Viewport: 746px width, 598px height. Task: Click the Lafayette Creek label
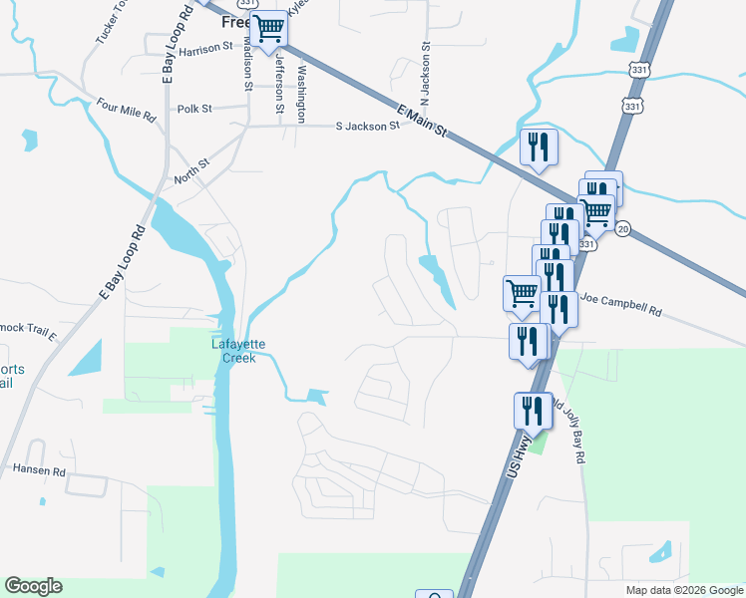pyautogui.click(x=238, y=351)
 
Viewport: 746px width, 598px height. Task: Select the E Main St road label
pyautogui.click(x=423, y=121)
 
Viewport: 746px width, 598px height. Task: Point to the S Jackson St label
pyautogui.click(x=367, y=127)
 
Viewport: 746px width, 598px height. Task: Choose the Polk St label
pyautogui.click(x=194, y=108)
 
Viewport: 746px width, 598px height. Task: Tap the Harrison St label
pyautogui.click(x=206, y=46)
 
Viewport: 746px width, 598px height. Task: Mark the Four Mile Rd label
pyautogui.click(x=127, y=110)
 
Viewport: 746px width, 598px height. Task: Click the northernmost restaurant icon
pyautogui.click(x=539, y=147)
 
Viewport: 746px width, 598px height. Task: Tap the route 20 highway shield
pyautogui.click(x=622, y=229)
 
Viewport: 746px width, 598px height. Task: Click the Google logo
pyautogui.click(x=33, y=586)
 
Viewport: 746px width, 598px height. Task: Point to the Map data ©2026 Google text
pyautogui.click(x=684, y=590)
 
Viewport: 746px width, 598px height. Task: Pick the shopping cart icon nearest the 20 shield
pyautogui.click(x=596, y=211)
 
